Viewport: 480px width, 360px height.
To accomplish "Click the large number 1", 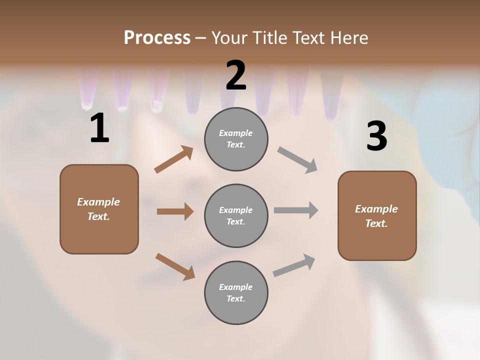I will [x=99, y=128].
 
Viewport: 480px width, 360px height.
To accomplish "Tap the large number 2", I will [x=236, y=75].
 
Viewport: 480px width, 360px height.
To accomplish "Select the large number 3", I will [x=376, y=136].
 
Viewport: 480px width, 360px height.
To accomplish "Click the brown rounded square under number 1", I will [x=99, y=209].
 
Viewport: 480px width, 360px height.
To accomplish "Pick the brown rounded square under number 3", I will [x=377, y=215].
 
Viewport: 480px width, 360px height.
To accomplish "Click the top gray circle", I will [x=236, y=139].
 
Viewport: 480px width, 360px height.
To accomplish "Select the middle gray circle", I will [x=236, y=215].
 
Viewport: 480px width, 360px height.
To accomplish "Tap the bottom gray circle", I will [x=236, y=292].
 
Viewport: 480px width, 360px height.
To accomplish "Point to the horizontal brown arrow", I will [x=175, y=211].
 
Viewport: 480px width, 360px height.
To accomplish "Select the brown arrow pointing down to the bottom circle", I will [x=175, y=266].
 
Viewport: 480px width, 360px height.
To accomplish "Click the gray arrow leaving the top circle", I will [x=297, y=160].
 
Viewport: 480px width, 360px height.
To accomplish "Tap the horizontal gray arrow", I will [x=296, y=210].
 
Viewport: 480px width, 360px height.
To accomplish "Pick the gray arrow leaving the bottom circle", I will [x=294, y=265].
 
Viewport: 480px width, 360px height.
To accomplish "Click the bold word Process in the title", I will [x=157, y=37].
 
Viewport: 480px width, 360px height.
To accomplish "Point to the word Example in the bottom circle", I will [x=236, y=287].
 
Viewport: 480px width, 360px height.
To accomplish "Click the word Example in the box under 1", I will [x=98, y=202].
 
